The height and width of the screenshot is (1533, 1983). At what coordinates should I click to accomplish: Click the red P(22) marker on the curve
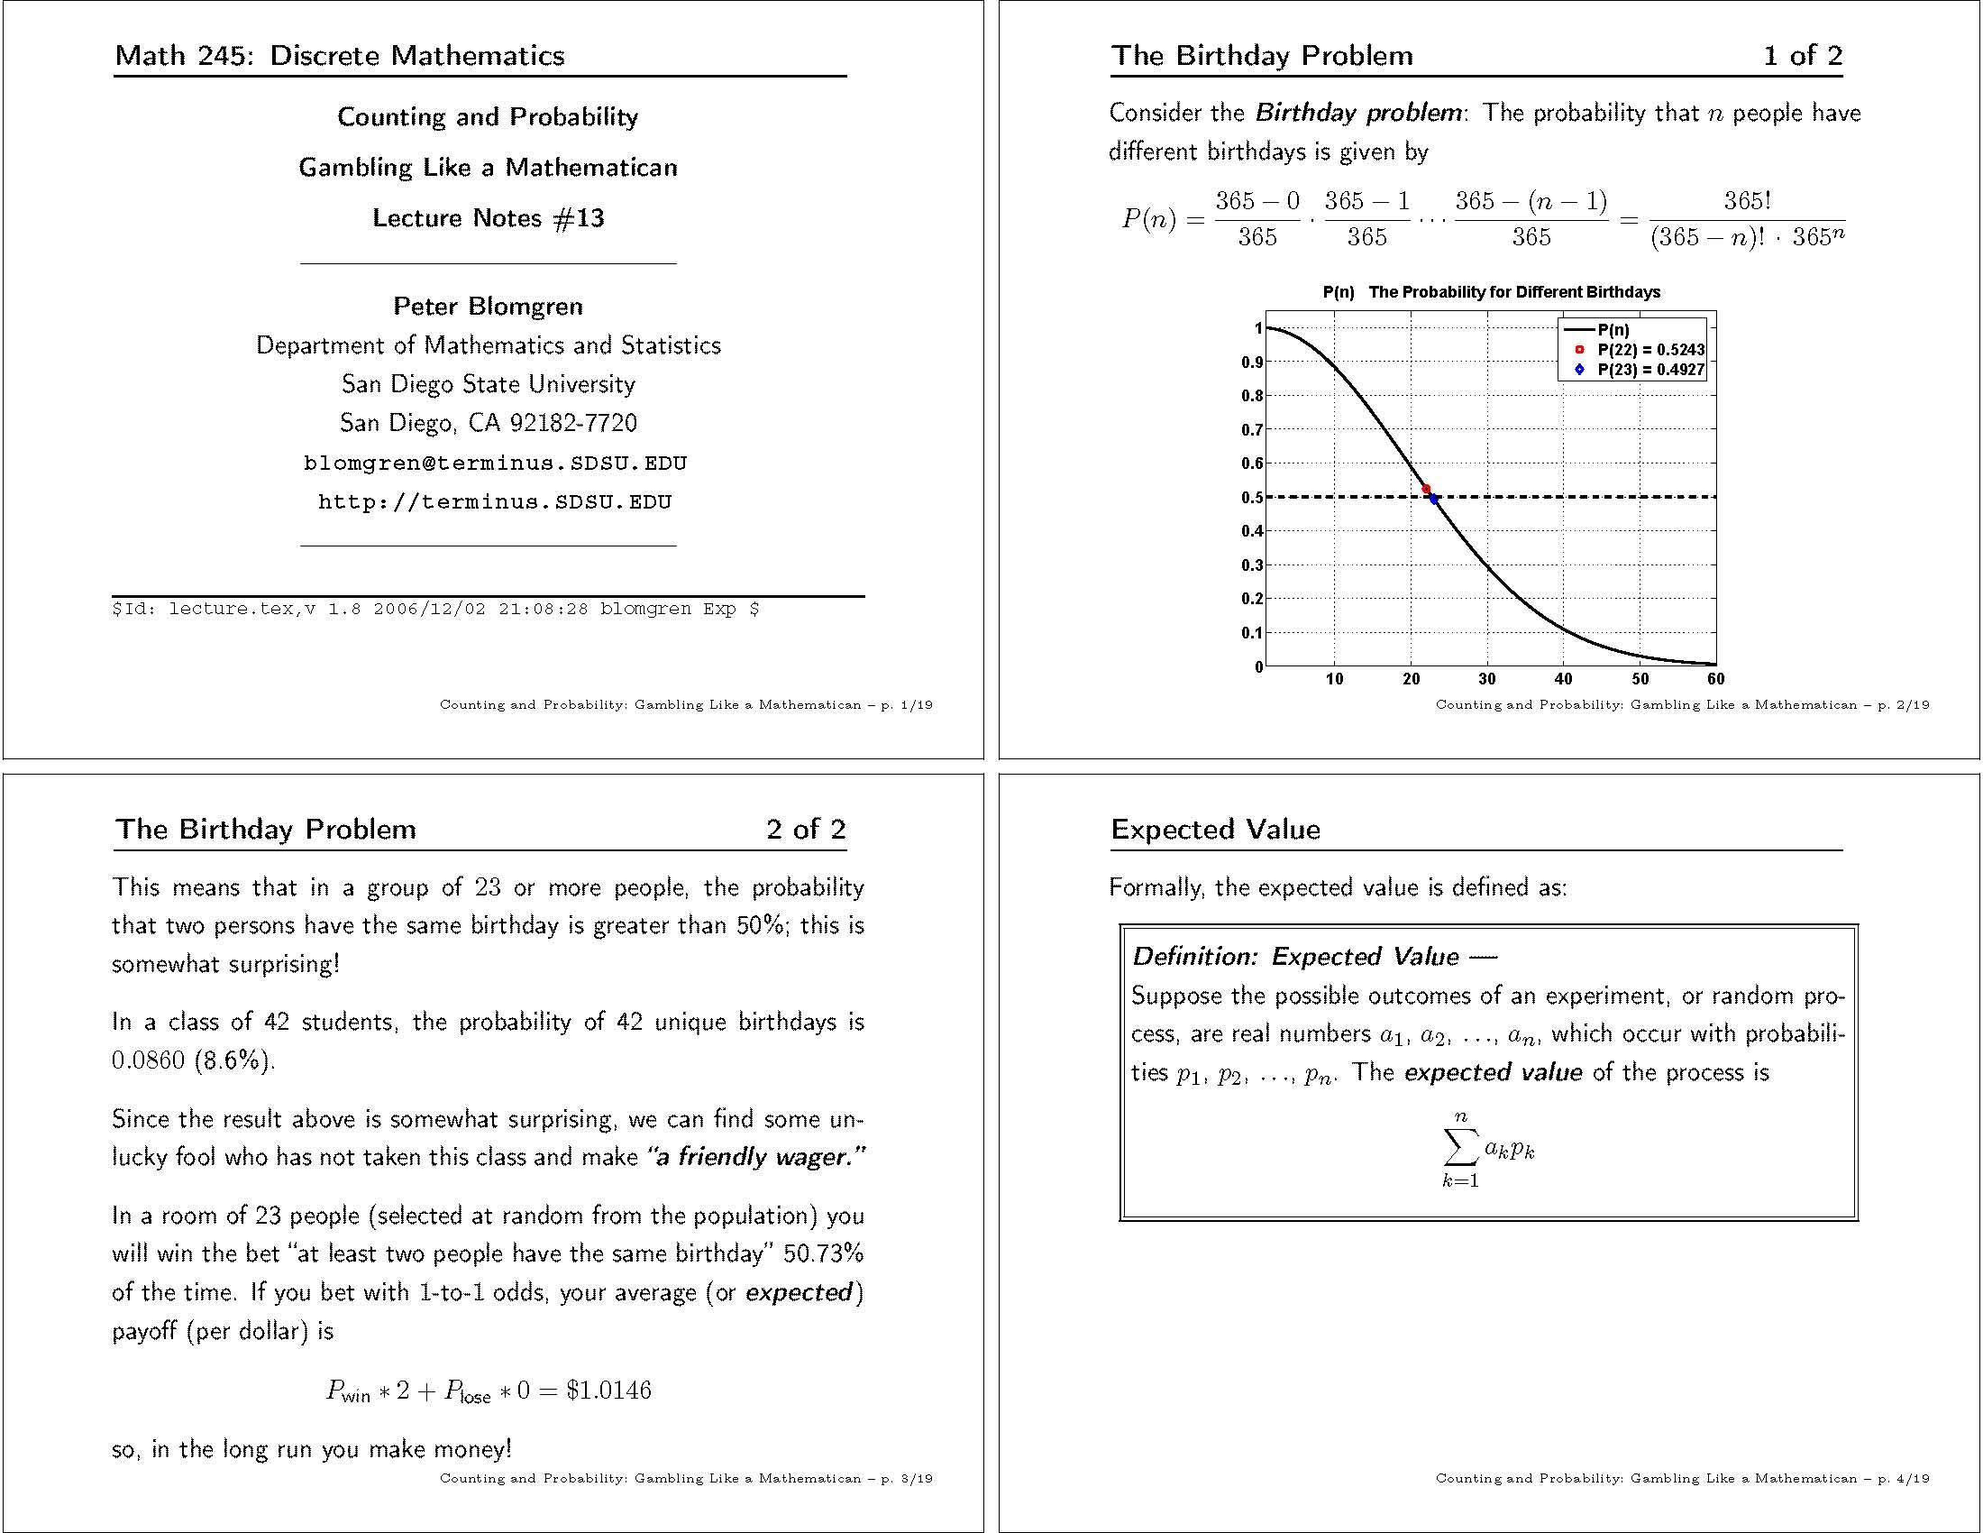click(1426, 489)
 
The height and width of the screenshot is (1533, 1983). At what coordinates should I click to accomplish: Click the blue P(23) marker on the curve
click(1434, 499)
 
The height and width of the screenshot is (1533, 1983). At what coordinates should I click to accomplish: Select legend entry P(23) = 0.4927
click(1649, 370)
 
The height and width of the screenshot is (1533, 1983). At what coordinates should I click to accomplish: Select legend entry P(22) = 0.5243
click(1649, 350)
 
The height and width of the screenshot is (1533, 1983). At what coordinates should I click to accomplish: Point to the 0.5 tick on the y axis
click(1252, 498)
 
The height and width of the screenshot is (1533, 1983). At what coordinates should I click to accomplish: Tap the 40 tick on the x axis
click(1564, 678)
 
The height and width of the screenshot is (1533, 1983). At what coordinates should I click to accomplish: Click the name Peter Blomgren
click(488, 306)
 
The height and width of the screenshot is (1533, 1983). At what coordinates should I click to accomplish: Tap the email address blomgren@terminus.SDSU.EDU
click(495, 464)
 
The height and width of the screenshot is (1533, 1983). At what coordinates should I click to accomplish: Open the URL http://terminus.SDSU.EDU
click(495, 502)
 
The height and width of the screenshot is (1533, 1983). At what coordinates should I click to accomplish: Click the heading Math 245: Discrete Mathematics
click(340, 55)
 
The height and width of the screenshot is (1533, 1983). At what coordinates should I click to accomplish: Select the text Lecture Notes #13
click(488, 218)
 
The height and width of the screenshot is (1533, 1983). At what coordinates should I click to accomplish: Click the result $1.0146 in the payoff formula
click(608, 1390)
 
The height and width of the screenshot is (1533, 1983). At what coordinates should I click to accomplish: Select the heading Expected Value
click(1215, 829)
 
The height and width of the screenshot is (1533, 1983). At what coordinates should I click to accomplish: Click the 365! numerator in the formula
click(1747, 201)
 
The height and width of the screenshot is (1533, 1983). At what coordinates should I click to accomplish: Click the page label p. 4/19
click(1903, 1478)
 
